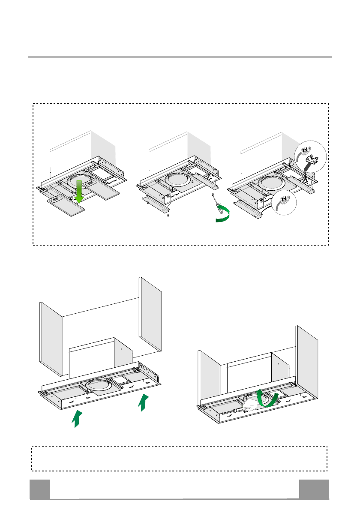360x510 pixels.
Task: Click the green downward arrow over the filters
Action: tap(78, 191)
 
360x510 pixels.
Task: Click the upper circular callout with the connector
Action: tap(311, 156)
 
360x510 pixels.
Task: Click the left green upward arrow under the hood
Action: tap(77, 418)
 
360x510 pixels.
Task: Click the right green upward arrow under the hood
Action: tap(144, 402)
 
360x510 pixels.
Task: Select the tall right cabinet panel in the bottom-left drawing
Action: tap(150, 313)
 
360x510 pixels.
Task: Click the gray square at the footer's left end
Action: tap(39, 489)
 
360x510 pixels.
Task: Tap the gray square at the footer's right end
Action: tap(314, 489)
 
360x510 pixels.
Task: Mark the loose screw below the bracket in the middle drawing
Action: tap(168, 216)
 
